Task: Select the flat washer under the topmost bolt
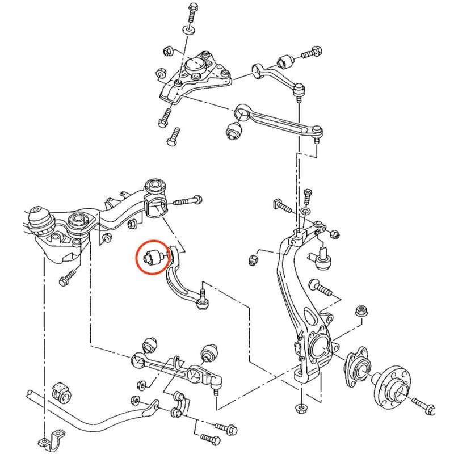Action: click(x=188, y=29)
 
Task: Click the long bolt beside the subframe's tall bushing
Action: click(x=188, y=200)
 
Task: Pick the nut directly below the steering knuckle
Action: click(x=300, y=407)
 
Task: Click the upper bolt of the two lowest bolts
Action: click(x=225, y=427)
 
